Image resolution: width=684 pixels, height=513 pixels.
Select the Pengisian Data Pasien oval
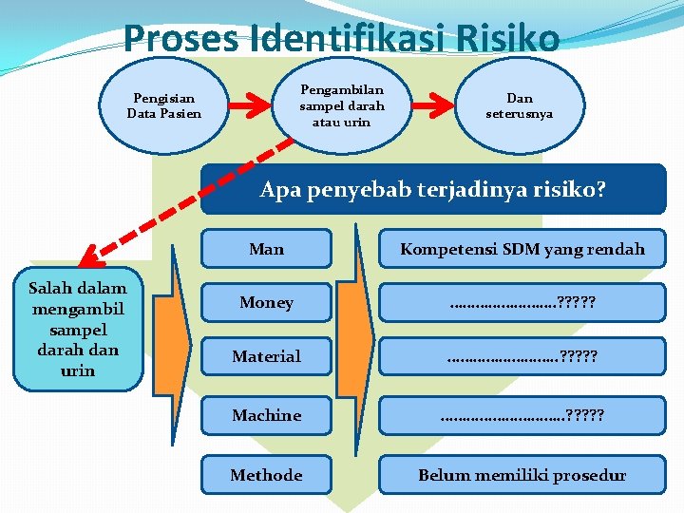tap(164, 105)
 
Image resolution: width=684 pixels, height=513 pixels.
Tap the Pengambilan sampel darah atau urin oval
tap(341, 104)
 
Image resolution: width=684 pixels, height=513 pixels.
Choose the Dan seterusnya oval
tap(520, 105)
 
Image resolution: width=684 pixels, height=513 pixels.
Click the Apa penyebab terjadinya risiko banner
tap(433, 189)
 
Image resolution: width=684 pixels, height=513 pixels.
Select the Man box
tap(266, 249)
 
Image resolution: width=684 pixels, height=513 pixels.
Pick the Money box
tap(266, 303)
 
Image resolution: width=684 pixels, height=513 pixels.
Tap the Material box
tap(266, 356)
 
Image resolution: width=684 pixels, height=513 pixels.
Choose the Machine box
tap(266, 415)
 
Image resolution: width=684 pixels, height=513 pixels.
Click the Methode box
tap(266, 474)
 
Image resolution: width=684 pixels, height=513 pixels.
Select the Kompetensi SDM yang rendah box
tap(522, 249)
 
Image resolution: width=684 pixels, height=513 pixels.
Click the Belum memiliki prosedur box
tap(522, 474)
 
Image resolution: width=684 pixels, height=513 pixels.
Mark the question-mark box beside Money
tap(522, 303)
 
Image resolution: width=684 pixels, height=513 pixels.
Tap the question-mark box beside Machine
tap(522, 415)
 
